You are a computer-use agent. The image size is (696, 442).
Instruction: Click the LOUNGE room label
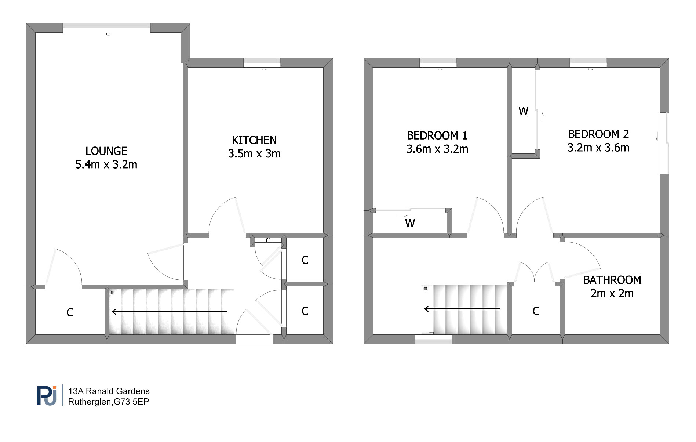(106, 151)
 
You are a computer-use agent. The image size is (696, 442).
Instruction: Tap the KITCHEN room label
(254, 140)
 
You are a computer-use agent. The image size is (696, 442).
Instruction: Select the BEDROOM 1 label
(437, 135)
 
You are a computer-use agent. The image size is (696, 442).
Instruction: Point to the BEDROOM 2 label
(598, 134)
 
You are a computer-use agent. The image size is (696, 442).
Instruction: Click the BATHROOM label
(612, 280)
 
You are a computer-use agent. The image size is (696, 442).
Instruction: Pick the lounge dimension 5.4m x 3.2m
(106, 164)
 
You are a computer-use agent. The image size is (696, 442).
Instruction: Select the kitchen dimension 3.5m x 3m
(254, 153)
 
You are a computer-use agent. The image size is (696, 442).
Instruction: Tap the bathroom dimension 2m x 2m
(612, 293)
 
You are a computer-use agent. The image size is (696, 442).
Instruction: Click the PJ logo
(47, 395)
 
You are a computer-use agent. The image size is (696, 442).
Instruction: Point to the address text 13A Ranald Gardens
(109, 391)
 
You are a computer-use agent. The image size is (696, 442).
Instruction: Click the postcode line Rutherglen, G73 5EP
(109, 402)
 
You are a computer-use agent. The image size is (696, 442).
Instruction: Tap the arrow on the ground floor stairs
(170, 312)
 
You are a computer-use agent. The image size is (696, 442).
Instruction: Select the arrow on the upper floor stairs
(462, 309)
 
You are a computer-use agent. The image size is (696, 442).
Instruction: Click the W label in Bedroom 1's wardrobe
(410, 223)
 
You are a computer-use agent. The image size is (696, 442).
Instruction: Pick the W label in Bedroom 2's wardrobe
(523, 111)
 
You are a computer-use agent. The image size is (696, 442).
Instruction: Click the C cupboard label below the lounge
(70, 312)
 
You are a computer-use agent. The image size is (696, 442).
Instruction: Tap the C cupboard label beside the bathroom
(536, 311)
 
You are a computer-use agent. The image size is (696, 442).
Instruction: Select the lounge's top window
(106, 28)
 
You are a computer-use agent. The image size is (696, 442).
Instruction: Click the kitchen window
(262, 63)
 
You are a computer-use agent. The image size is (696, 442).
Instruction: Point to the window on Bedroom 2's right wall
(664, 143)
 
